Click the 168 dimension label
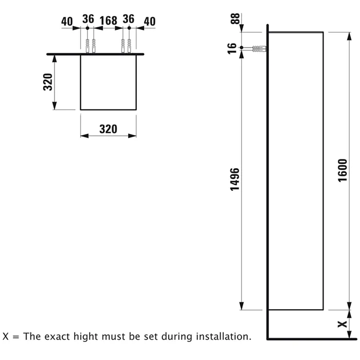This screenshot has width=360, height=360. pos(109,21)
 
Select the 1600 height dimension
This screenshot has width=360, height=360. pos(343,170)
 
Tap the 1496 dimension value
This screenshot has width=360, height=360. pos(235,179)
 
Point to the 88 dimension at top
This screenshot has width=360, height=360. pos(235,19)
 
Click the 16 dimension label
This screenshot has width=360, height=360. pos(232,48)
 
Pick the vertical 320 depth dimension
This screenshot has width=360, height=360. pos(48,82)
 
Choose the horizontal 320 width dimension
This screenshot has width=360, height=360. pos(108,129)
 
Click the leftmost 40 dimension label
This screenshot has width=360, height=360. pos(67,22)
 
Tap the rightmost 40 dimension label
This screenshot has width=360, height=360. pos(150,22)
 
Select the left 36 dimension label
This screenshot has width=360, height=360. pos(88,19)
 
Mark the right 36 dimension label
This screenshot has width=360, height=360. pos(129,19)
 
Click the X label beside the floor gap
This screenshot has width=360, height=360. pos(343,324)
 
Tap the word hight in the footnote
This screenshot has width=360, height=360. pos(86,337)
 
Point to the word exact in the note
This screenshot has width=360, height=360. pos(58,337)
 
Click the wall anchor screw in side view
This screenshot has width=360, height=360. pos(259,49)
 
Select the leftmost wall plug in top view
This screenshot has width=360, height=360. pos(87,46)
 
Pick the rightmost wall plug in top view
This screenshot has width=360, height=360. pos(129,46)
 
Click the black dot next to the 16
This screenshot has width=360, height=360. pos(242,47)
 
